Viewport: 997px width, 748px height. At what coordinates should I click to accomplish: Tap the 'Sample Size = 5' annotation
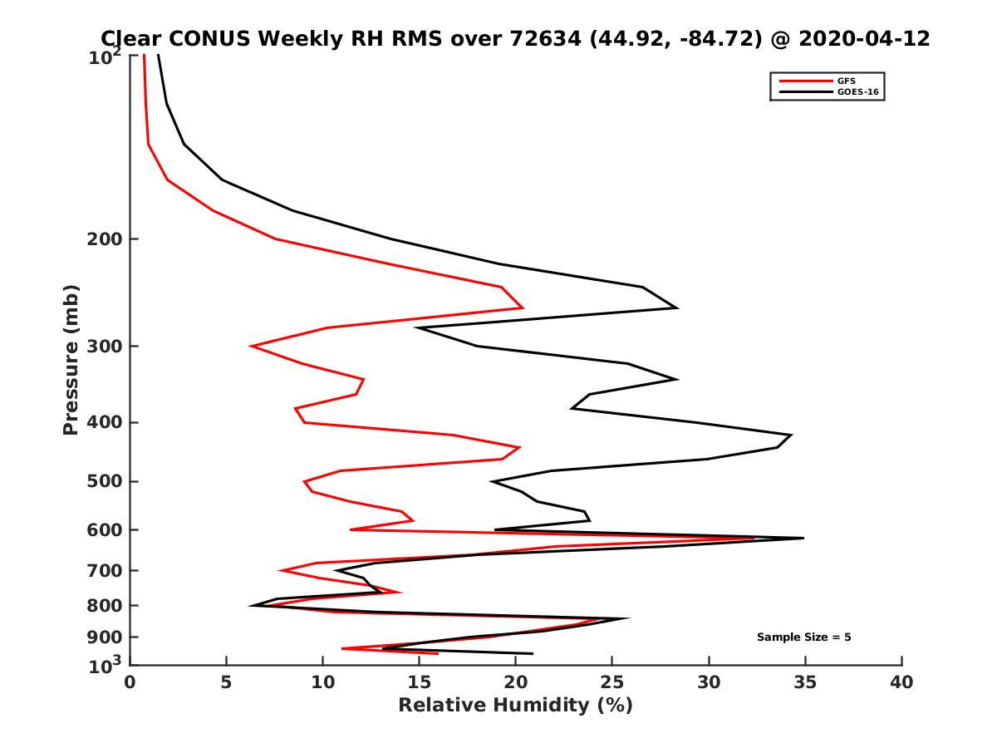click(x=803, y=637)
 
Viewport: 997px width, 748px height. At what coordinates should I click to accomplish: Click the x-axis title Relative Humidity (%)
click(x=515, y=706)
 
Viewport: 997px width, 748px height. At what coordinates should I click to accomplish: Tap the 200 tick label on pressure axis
click(x=101, y=239)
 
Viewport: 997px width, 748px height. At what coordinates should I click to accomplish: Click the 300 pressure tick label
click(x=101, y=347)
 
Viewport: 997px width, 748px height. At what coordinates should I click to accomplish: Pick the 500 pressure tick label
click(x=101, y=482)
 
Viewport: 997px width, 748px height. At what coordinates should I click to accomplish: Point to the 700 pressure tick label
click(x=101, y=571)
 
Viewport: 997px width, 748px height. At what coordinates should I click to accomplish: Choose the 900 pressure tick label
click(x=101, y=637)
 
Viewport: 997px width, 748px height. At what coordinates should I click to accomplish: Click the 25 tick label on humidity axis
click(x=612, y=682)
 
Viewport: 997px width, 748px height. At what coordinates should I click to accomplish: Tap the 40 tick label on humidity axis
click(x=901, y=682)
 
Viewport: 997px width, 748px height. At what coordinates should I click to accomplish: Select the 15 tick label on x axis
click(x=419, y=682)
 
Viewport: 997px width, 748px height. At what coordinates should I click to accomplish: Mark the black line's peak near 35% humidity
click(x=803, y=539)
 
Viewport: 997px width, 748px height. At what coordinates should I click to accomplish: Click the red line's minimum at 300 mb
click(x=251, y=346)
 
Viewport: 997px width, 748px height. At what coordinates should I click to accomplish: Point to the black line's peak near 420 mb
click(x=791, y=435)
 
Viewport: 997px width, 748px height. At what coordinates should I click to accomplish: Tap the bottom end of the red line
click(x=438, y=653)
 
